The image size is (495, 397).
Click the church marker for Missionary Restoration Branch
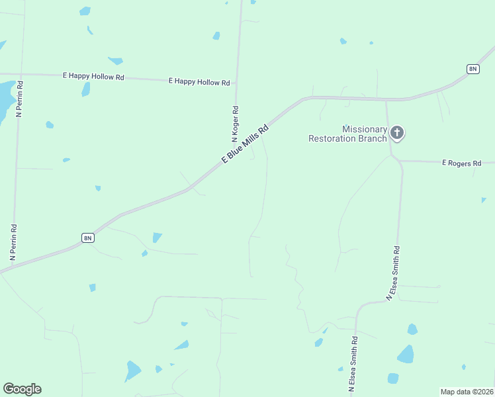tap(397, 133)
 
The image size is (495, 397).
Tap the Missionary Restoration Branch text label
tap(347, 134)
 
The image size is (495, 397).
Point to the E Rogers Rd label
tap(461, 163)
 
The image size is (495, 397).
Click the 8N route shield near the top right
tap(472, 69)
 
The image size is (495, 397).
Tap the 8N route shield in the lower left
tap(88, 238)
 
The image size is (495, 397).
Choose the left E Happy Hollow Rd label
tap(93, 77)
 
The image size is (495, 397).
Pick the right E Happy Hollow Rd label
tap(199, 82)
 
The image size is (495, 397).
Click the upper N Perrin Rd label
tap(20, 99)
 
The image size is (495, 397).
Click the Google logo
tap(22, 389)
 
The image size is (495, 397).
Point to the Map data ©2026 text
tap(466, 391)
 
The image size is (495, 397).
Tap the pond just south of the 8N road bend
tap(157, 237)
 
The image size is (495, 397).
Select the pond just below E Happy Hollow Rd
tap(85, 89)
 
